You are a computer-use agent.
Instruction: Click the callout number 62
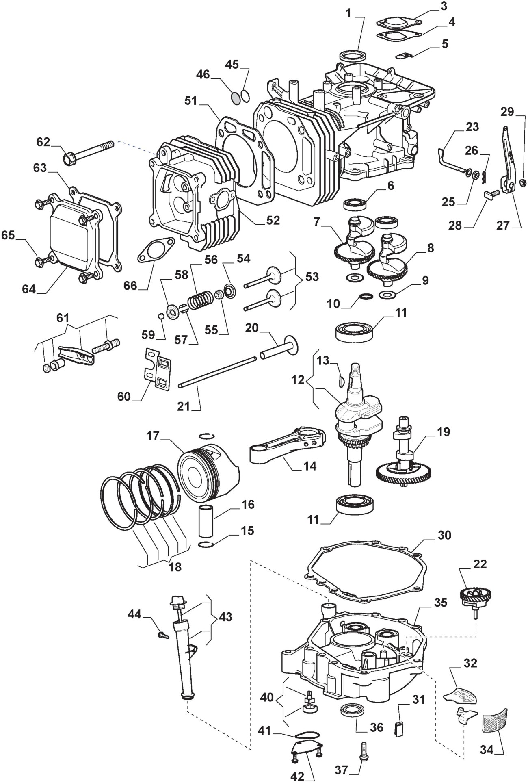pyautogui.click(x=43, y=142)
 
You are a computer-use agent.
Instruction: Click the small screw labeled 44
pyautogui.click(x=164, y=635)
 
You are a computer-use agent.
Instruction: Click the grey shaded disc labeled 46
pyautogui.click(x=235, y=97)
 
